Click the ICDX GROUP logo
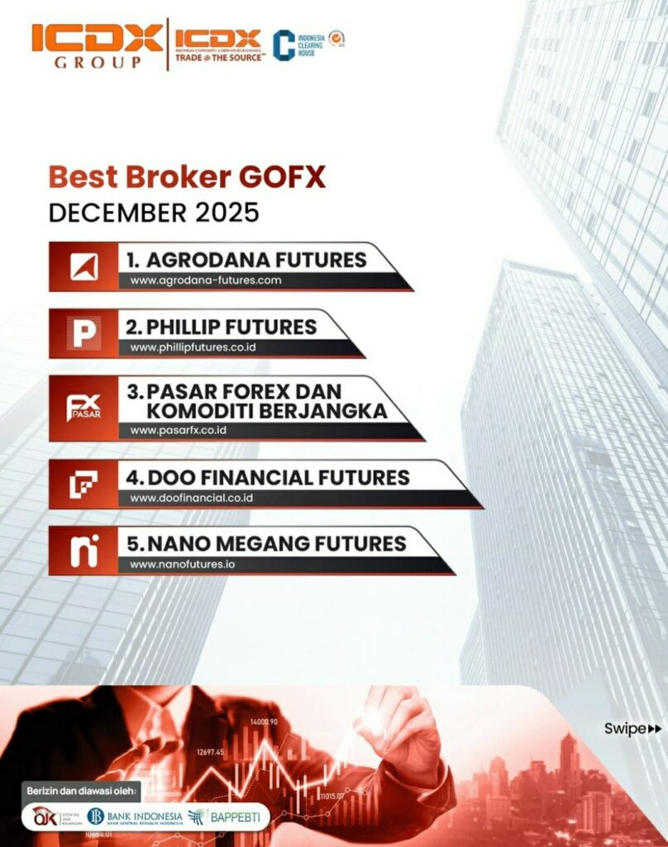98,45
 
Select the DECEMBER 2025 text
154,213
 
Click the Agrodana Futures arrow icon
84,266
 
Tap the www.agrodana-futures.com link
206,280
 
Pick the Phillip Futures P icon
84,333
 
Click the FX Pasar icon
84,408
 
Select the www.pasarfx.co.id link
178,431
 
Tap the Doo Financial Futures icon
84,484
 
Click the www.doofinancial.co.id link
191,498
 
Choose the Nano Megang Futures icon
84,551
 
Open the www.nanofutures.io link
182,565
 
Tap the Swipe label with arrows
632,729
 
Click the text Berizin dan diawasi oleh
83,787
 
